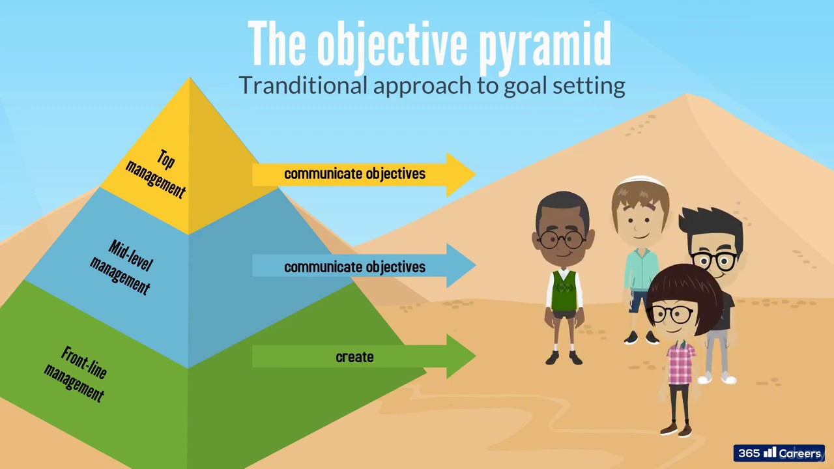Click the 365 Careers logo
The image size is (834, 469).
pyautogui.click(x=779, y=453)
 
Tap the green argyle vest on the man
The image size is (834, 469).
pyautogui.click(x=564, y=291)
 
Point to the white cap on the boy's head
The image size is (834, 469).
pyautogui.click(x=639, y=182)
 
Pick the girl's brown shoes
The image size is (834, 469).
pyautogui.click(x=676, y=429)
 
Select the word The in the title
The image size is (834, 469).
pyautogui.click(x=278, y=44)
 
